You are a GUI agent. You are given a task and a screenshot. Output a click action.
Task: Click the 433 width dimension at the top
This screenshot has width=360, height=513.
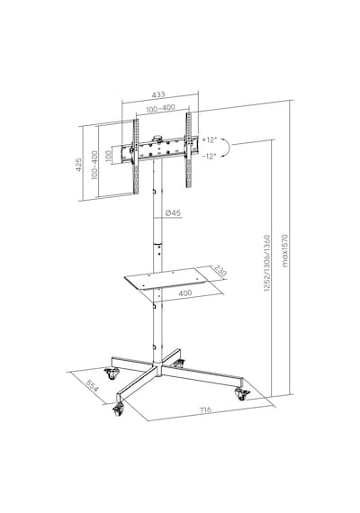tap(158, 94)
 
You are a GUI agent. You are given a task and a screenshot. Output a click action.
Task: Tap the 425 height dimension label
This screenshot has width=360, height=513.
tap(78, 165)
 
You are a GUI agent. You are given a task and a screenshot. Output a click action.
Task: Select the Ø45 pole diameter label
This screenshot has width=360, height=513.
tap(173, 213)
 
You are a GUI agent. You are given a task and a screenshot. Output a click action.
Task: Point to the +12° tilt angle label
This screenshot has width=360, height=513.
tap(209, 140)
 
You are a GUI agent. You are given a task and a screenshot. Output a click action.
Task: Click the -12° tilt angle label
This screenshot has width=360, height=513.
tap(209, 156)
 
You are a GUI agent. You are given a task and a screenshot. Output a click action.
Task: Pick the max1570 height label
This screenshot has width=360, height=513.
tap(284, 250)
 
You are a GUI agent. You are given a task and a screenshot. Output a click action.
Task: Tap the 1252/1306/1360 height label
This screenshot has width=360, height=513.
tap(267, 263)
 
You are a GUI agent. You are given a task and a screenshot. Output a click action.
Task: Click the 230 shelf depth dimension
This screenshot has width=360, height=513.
tap(220, 271)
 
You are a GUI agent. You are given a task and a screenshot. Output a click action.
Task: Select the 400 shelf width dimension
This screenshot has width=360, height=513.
tap(185, 292)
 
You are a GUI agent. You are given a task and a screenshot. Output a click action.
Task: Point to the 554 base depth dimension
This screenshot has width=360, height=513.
tap(92, 386)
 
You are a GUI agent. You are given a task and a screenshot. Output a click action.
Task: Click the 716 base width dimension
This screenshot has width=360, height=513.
tap(205, 409)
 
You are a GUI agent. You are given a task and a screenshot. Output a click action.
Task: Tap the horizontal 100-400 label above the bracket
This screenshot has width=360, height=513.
tap(160, 108)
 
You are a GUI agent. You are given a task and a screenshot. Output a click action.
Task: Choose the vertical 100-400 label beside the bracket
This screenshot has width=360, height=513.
tap(94, 165)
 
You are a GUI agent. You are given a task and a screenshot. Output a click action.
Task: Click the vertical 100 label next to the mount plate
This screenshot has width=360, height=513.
tap(109, 157)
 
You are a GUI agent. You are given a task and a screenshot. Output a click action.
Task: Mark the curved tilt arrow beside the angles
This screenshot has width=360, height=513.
tap(228, 148)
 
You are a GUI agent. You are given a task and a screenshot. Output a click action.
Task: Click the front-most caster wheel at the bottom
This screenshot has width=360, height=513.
tap(119, 409)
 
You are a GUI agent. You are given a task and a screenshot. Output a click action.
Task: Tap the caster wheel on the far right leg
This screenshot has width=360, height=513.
tap(242, 394)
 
